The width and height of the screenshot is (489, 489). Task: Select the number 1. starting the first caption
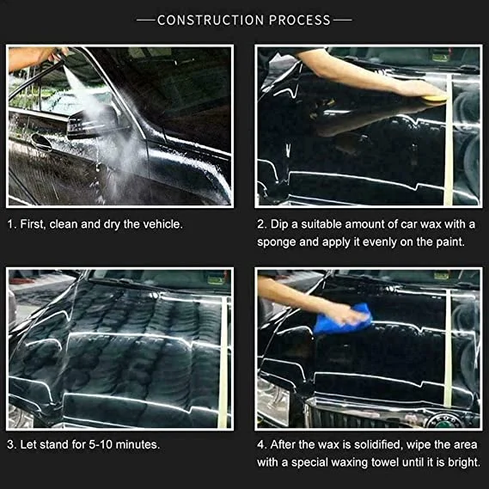coord(12,224)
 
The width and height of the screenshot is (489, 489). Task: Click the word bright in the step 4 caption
coord(463,462)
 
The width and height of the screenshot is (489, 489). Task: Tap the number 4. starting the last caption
coord(262,445)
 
